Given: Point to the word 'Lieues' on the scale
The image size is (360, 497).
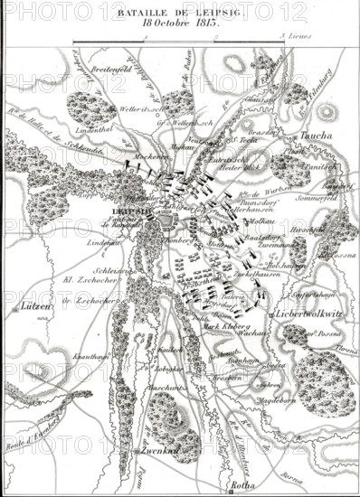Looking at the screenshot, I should [298, 38].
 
